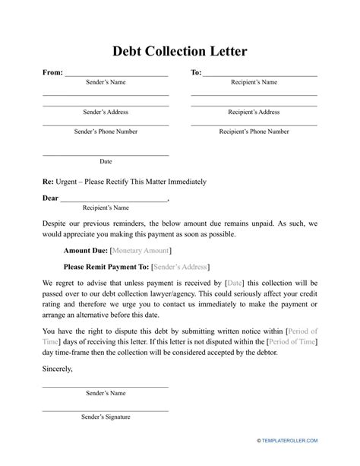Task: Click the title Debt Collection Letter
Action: (x=180, y=52)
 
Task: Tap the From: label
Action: (x=52, y=73)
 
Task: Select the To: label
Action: (x=196, y=73)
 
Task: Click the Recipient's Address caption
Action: (x=254, y=112)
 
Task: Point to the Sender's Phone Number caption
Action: (x=106, y=132)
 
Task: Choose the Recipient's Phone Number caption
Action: (x=254, y=132)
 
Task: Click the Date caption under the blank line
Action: (x=106, y=161)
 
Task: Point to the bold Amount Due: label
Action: (x=85, y=250)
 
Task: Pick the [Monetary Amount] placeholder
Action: (x=141, y=250)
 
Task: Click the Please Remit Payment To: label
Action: (x=106, y=267)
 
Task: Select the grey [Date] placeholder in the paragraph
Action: (x=235, y=284)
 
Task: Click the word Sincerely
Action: (x=58, y=369)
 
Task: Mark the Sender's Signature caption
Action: (x=105, y=417)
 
